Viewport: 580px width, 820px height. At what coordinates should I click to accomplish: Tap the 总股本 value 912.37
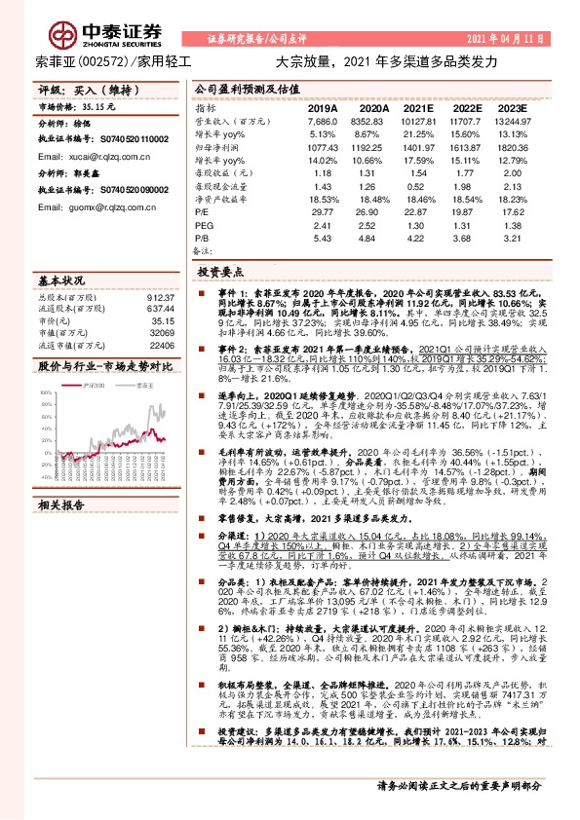coord(160,297)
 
